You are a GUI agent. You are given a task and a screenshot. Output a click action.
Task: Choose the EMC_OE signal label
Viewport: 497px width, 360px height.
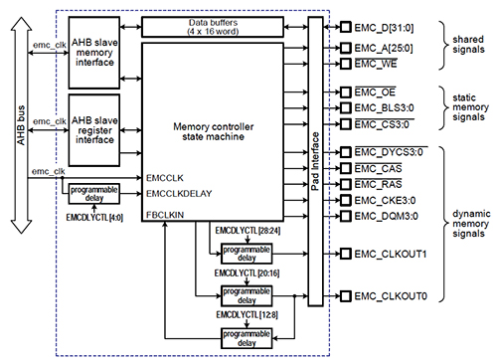[375, 90]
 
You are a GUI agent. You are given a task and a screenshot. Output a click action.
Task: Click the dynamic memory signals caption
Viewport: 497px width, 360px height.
[462, 224]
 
